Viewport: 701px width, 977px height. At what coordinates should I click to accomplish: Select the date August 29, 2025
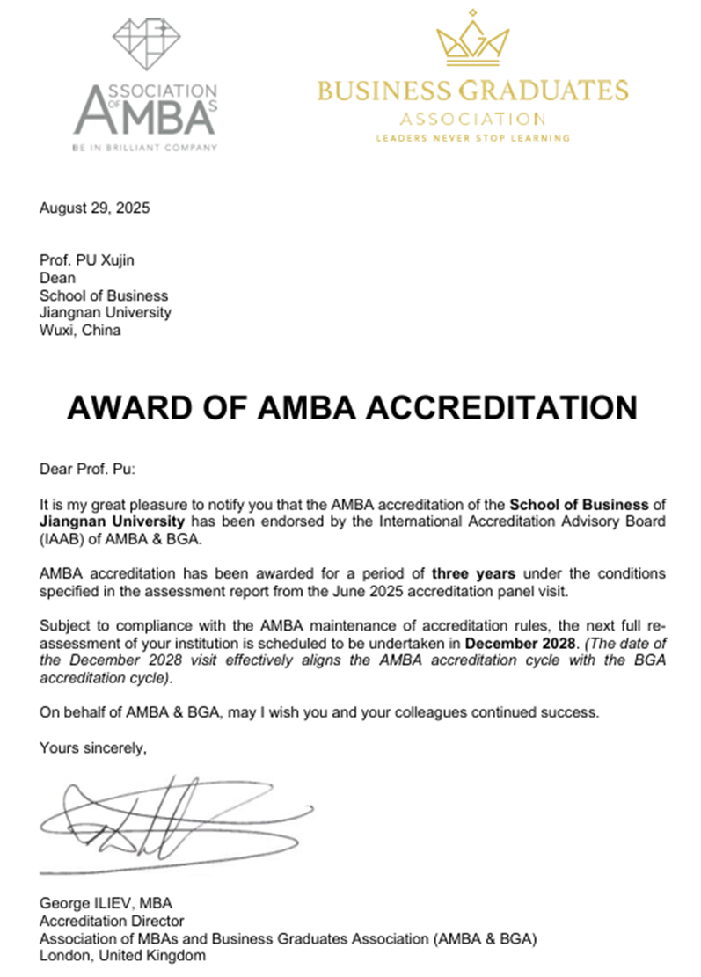click(95, 208)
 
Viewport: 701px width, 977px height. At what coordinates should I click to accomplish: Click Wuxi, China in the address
click(80, 331)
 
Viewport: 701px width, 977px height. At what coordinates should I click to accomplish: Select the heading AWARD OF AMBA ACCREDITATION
click(351, 407)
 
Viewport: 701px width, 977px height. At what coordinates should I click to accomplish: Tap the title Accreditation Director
click(112, 920)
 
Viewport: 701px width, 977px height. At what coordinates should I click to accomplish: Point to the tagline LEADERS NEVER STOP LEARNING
click(472, 137)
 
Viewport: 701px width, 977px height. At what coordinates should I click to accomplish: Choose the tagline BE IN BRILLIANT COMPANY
click(144, 148)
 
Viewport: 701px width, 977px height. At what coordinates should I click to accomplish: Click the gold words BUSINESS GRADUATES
click(472, 91)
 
